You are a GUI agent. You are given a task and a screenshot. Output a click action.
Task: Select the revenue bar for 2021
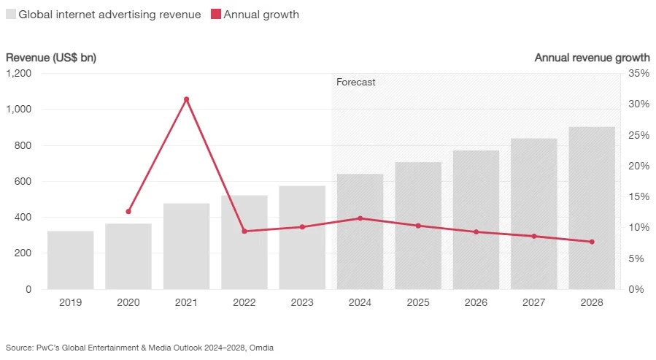[x=186, y=246]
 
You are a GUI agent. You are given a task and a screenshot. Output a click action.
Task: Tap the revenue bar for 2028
[x=592, y=208]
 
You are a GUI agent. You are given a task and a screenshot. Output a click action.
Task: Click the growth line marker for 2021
[x=186, y=99]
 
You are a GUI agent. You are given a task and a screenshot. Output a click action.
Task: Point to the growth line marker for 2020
[x=128, y=211]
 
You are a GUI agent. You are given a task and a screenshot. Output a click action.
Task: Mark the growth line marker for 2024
[x=360, y=218]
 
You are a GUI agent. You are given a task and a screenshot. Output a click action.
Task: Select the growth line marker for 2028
[x=592, y=242]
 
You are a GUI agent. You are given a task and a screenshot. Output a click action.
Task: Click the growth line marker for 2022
[x=244, y=231]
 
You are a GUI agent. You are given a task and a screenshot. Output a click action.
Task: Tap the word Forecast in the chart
[x=355, y=83]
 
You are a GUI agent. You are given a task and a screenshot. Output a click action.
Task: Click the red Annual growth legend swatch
[x=216, y=15]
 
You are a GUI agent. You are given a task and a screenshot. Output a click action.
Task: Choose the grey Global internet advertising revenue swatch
[x=11, y=15]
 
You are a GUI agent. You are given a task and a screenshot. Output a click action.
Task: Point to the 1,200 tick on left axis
[x=19, y=74]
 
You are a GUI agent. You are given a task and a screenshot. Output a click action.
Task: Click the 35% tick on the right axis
[x=638, y=74]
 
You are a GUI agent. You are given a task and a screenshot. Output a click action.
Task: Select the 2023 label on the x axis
[x=302, y=302]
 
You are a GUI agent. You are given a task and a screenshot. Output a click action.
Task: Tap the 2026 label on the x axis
[x=476, y=302]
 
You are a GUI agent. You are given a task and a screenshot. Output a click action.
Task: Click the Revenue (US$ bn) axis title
[x=51, y=57]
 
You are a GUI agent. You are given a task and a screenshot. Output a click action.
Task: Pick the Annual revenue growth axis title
[x=592, y=57]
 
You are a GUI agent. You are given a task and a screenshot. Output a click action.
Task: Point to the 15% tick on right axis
[x=638, y=196]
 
